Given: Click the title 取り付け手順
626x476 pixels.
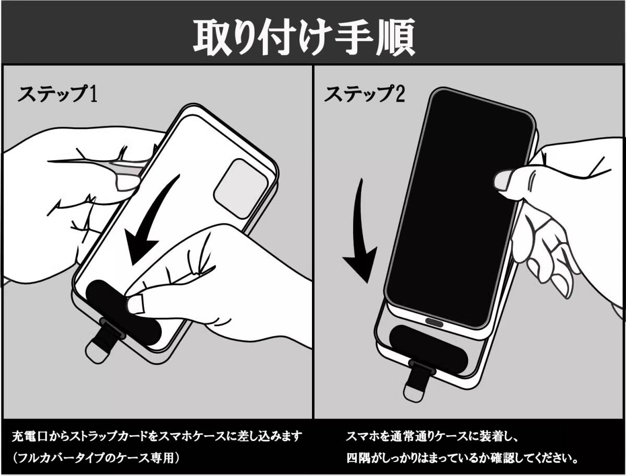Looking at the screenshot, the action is click(x=304, y=37).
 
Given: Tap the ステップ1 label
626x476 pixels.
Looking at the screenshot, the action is click(x=57, y=93).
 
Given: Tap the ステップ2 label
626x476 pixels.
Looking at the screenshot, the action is click(x=364, y=93).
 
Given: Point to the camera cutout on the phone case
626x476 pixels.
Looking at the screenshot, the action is click(x=241, y=189).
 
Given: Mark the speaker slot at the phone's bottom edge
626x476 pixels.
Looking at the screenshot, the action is click(x=434, y=322).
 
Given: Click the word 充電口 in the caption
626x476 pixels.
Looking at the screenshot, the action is click(x=30, y=436).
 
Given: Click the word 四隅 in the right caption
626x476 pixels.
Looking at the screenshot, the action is click(x=358, y=458).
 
